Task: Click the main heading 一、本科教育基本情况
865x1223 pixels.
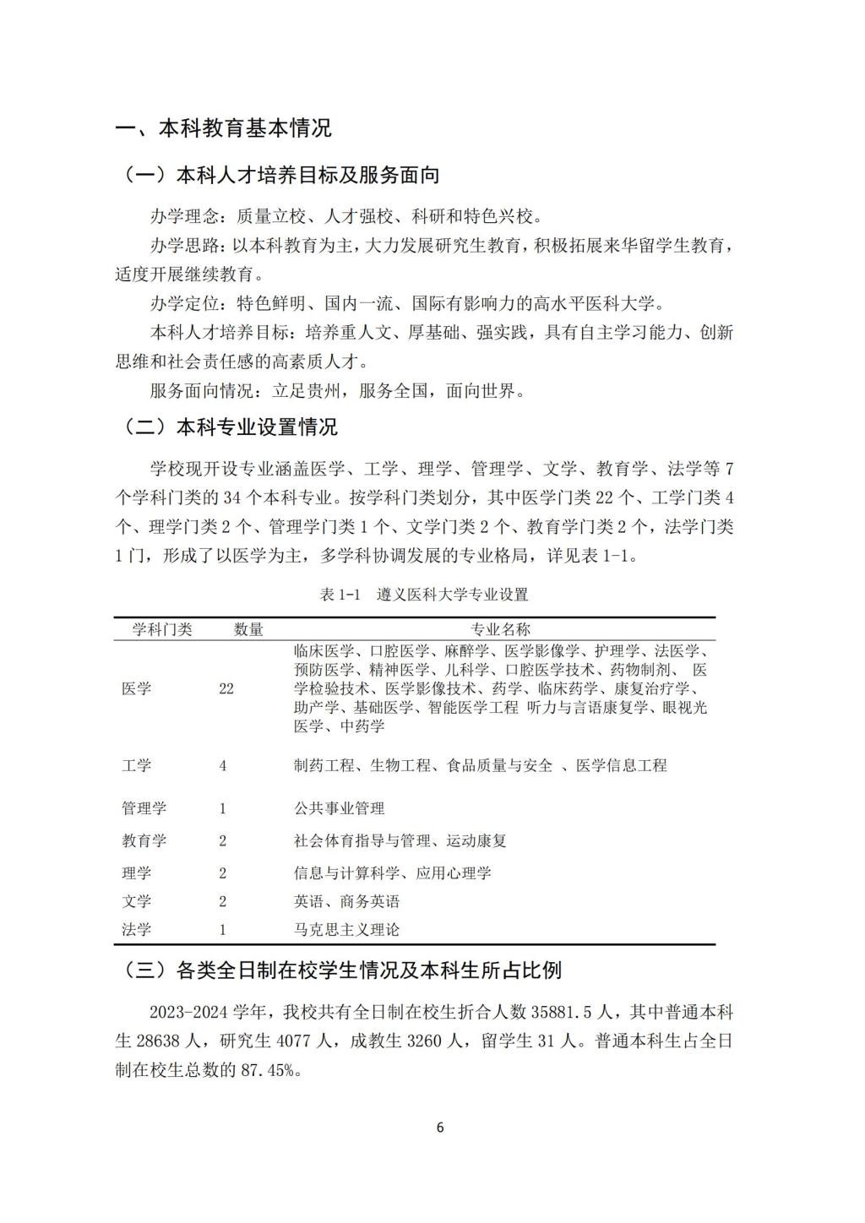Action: tap(224, 128)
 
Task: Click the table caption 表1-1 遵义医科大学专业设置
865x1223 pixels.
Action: tap(425, 595)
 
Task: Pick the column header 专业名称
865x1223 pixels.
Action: tap(500, 629)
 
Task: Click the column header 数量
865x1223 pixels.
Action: tap(248, 629)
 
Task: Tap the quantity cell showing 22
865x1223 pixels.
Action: tap(226, 688)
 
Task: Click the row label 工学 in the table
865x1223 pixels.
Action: tap(137, 765)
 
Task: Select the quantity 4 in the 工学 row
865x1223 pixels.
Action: tap(223, 765)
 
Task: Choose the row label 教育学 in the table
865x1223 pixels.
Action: tap(144, 840)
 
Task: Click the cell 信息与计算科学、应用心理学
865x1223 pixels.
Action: tap(392, 872)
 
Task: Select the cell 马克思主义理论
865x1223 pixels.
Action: tap(346, 930)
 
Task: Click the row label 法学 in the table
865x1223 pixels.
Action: tap(137, 930)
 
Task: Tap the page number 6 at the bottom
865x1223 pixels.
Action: tap(439, 1127)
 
